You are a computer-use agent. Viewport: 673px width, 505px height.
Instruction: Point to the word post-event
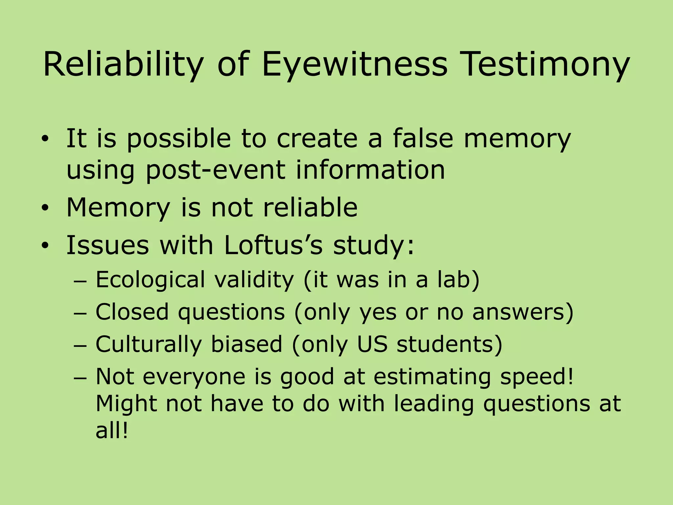[215, 170]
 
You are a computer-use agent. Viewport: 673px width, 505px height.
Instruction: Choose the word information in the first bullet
[370, 170]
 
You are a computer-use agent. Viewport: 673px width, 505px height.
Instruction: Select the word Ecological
[150, 280]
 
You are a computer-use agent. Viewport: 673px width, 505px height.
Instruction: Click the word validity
[254, 280]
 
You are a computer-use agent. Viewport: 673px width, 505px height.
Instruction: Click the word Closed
[132, 312]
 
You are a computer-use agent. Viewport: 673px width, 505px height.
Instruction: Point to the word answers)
[522, 312]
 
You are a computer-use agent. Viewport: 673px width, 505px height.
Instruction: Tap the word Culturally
[148, 344]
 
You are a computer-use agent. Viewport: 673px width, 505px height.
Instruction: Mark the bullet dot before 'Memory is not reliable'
[45, 208]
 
